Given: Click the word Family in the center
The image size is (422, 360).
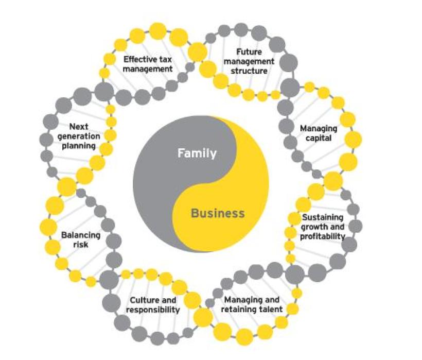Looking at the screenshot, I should [197, 153].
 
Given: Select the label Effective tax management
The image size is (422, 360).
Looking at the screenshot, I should [147, 64].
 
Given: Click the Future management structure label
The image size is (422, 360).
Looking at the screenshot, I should [249, 61].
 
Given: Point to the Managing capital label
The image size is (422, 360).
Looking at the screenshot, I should [319, 133].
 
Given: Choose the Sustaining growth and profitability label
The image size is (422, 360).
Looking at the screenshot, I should [322, 227].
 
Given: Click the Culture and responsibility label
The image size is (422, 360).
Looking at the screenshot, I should [154, 305].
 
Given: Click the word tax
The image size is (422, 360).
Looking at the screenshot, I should [164, 59].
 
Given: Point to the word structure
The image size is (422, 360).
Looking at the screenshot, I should [249, 71].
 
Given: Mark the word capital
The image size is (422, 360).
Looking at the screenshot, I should [319, 138].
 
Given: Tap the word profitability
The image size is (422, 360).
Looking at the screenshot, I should [323, 236].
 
